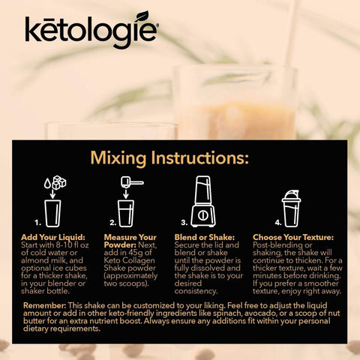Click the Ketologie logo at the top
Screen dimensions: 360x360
click(91, 30)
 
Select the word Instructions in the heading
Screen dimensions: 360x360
click(200, 157)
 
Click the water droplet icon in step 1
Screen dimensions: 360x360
click(47, 184)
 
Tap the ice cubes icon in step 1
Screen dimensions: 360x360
click(59, 182)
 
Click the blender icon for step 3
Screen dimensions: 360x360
click(203, 201)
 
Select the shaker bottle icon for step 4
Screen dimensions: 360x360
click(291, 208)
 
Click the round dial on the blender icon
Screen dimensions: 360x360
click(202, 215)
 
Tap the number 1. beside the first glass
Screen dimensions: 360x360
click(37, 222)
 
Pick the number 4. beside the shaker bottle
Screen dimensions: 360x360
click(278, 222)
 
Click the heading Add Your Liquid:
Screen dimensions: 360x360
click(53, 237)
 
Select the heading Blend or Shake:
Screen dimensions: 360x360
click(205, 237)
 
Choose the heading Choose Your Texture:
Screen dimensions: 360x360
click(293, 237)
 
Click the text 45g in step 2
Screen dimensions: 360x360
click(136, 253)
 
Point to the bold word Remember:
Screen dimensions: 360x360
click(45, 305)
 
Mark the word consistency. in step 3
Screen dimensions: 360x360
click(196, 291)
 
